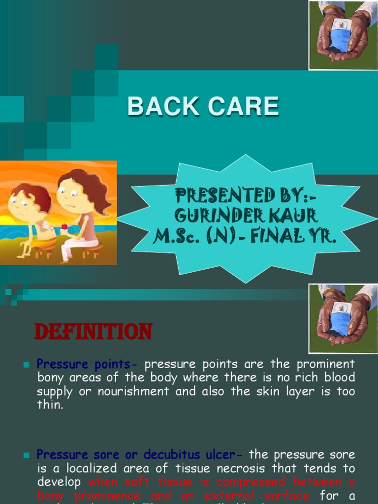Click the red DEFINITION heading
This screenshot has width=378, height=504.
93,332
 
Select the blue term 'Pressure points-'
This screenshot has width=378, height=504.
88,364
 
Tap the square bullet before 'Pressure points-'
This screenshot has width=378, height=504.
27,365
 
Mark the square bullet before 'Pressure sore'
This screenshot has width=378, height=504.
27,455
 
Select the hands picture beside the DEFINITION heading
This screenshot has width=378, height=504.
343,318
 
